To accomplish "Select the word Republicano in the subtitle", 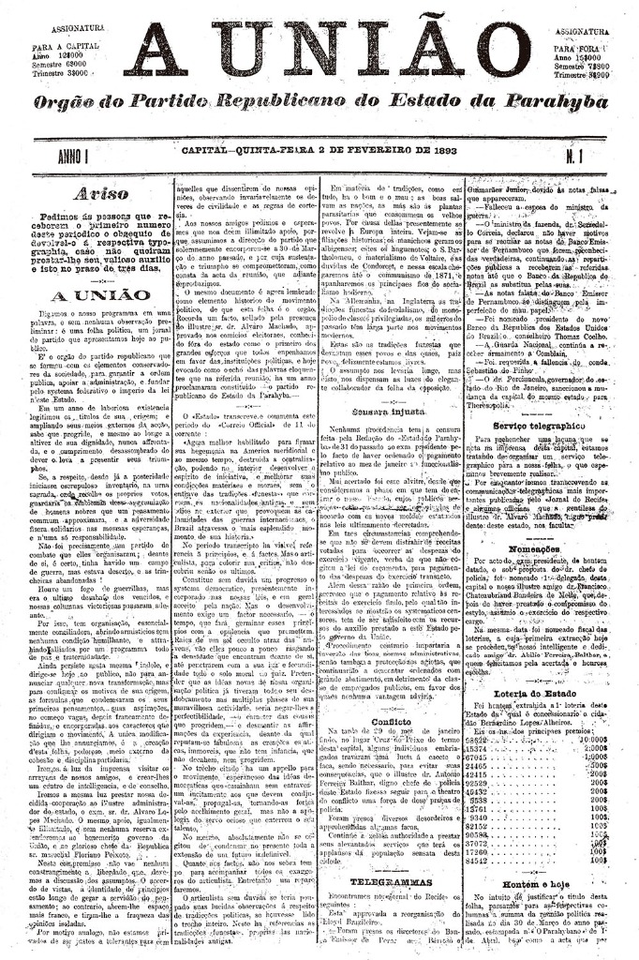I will (280, 101).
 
